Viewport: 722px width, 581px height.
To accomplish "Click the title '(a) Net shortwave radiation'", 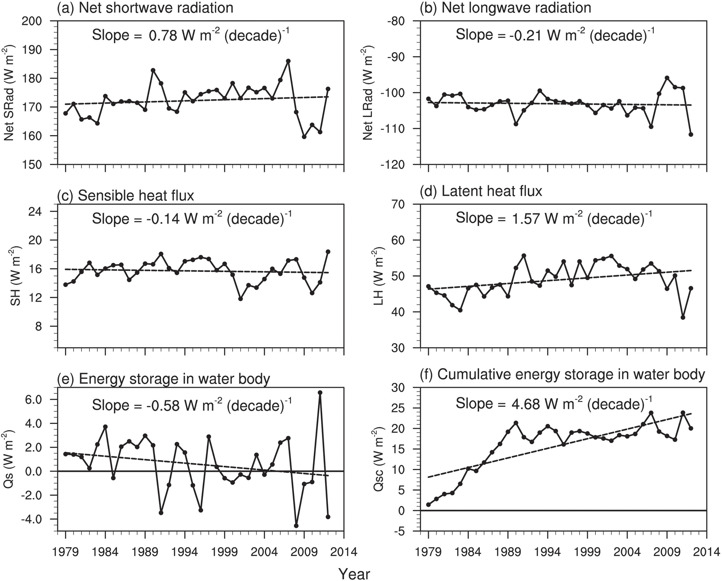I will coord(145,8).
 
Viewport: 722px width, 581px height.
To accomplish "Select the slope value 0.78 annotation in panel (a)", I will coord(191,35).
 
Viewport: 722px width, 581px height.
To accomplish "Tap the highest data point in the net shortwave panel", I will coord(288,61).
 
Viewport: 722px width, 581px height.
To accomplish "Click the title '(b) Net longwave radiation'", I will coord(506,8).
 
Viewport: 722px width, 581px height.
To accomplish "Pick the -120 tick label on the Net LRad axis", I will coord(400,164).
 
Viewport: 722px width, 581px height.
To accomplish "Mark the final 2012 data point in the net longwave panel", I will coord(691,135).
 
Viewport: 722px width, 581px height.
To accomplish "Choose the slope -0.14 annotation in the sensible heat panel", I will coord(191,218).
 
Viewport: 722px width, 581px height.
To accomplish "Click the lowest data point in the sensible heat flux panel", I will coord(240,299).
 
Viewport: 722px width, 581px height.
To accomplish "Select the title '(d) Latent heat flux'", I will coord(481,191).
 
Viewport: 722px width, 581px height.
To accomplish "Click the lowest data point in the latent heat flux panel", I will coord(683,318).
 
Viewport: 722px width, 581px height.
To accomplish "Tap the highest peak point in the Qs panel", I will coord(320,393).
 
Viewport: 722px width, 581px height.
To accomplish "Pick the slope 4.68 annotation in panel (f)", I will coord(554,404).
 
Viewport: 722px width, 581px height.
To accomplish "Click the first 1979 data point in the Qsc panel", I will coord(429,504).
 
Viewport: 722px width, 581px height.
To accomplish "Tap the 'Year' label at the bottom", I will coord(354,574).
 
